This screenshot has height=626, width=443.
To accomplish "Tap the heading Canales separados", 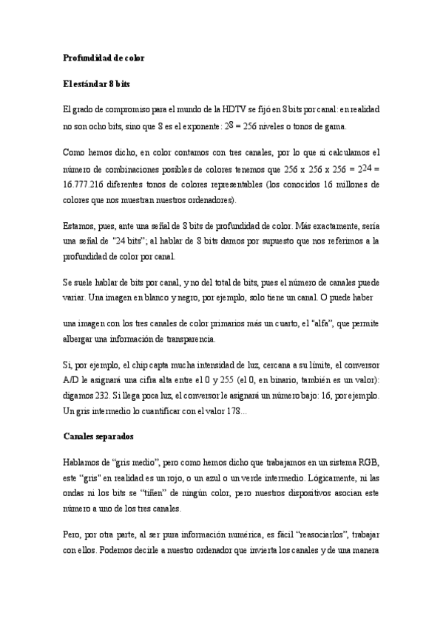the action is [x=98, y=436].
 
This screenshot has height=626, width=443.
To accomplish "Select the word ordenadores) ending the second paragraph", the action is [x=213, y=199].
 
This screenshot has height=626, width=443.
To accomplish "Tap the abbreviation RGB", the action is [x=368, y=462].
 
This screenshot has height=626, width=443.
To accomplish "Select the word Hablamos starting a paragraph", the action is [x=83, y=462].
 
